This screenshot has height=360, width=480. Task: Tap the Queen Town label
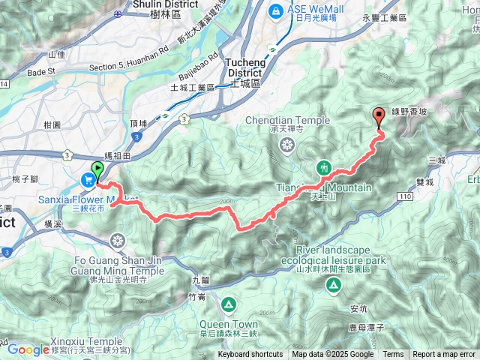coord(228,324)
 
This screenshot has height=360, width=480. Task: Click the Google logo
coord(28,349)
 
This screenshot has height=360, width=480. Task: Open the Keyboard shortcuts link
coord(250,355)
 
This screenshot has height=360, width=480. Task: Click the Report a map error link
coord(444,355)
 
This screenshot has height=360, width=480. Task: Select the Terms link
coord(393,355)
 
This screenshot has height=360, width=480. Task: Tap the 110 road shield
coord(405,196)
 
